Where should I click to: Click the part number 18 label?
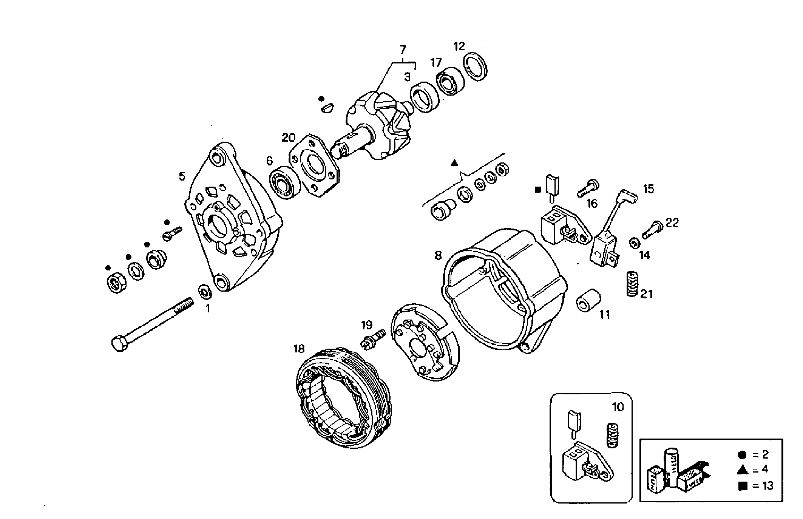[x=299, y=349]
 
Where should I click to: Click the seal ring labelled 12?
[x=475, y=66]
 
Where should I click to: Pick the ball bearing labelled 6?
[x=284, y=182]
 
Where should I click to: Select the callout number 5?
[x=182, y=176]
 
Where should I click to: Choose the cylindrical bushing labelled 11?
[x=588, y=300]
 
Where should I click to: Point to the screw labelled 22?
[x=652, y=230]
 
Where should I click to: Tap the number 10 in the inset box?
[x=618, y=407]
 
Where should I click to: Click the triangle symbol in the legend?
[x=743, y=470]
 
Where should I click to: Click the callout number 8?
[x=438, y=256]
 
